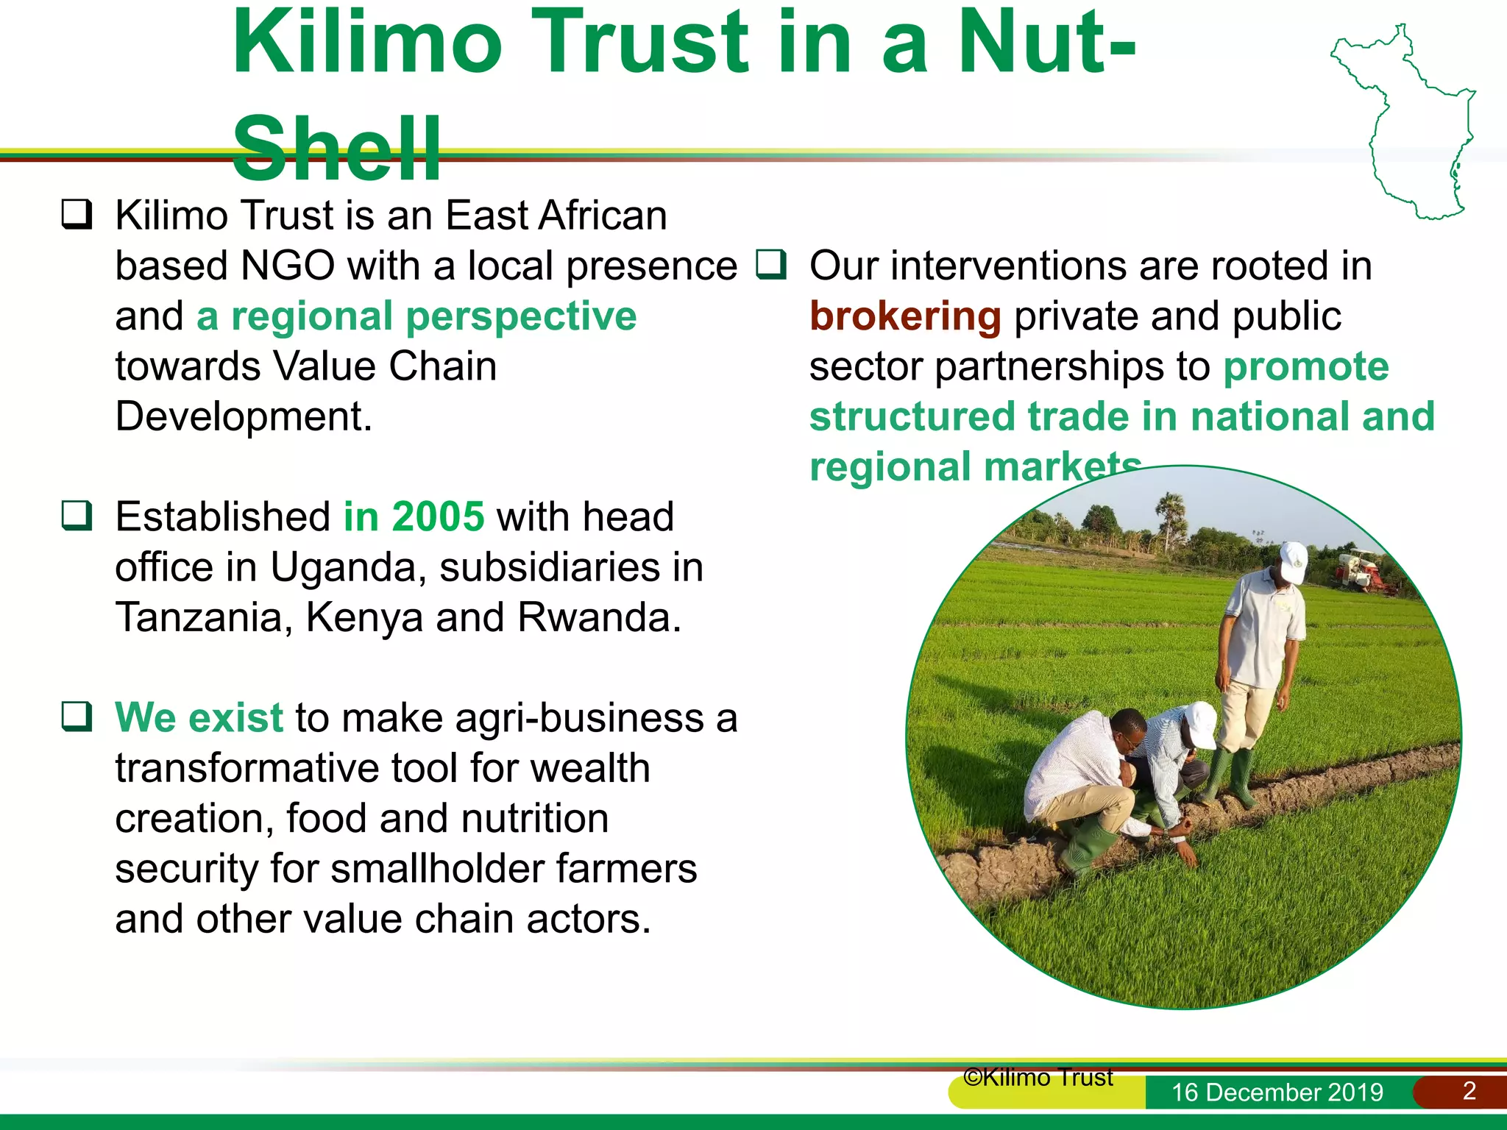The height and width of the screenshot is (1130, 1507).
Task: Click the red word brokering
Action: click(905, 316)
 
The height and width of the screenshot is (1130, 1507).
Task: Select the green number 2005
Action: click(438, 516)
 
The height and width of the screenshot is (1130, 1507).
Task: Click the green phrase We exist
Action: click(199, 717)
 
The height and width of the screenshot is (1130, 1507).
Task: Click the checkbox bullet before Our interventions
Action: click(771, 264)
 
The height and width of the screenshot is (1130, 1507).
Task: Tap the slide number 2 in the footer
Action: click(1469, 1090)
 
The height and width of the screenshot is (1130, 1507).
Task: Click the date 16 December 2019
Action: click(1277, 1092)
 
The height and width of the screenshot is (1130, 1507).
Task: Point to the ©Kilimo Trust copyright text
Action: click(1038, 1078)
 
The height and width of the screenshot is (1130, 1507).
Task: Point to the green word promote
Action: click(1305, 366)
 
